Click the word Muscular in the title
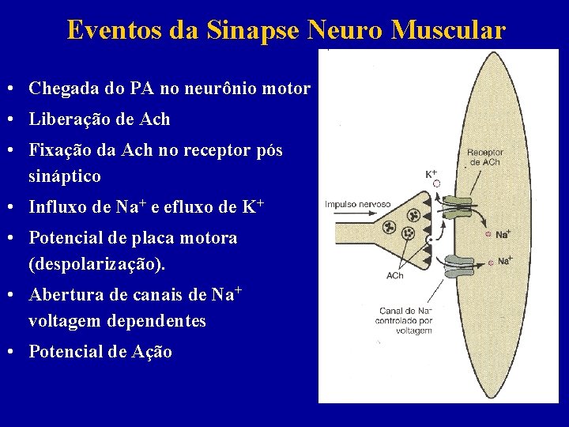(x=448, y=30)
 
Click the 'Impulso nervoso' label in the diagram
(x=357, y=204)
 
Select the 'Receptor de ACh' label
(x=484, y=157)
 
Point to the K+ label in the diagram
(x=431, y=173)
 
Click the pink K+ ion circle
(x=435, y=184)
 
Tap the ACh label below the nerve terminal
(x=394, y=275)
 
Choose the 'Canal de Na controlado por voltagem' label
(x=405, y=320)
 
